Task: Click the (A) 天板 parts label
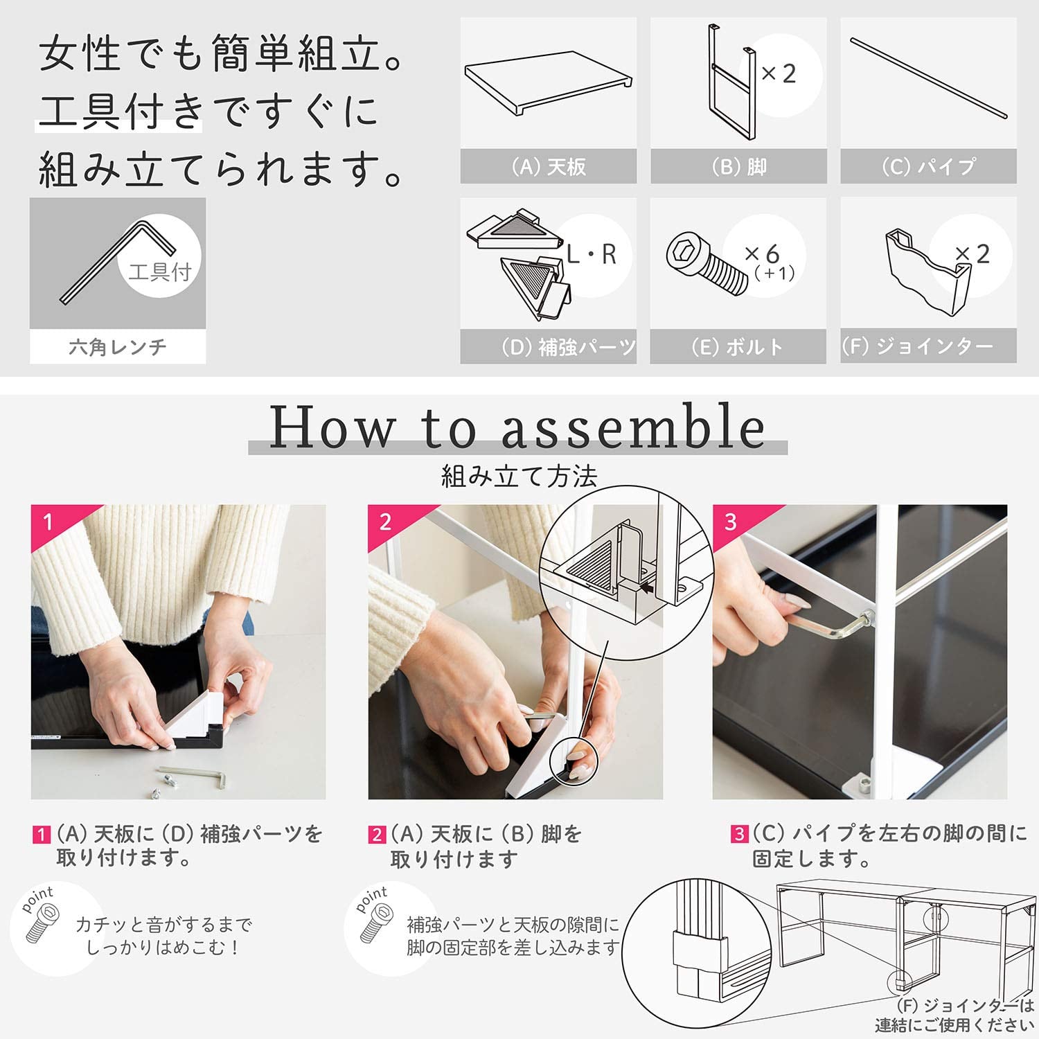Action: (548, 167)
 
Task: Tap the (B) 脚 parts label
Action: (738, 167)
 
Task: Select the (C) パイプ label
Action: (928, 167)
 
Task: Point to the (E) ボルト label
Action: (738, 346)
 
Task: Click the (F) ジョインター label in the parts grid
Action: (918, 346)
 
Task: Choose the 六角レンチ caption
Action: (118, 346)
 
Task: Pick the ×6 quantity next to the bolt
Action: (762, 254)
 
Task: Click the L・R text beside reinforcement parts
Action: (591, 255)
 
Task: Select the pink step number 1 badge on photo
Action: (48, 521)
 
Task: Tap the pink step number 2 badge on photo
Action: (386, 521)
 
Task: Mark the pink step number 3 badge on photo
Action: (731, 521)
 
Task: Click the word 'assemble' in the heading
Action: (633, 427)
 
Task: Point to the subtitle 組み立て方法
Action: (519, 477)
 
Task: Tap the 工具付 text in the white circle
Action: (160, 272)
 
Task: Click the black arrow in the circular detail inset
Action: (648, 589)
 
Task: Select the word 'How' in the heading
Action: (332, 427)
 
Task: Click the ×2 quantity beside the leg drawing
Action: (779, 73)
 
